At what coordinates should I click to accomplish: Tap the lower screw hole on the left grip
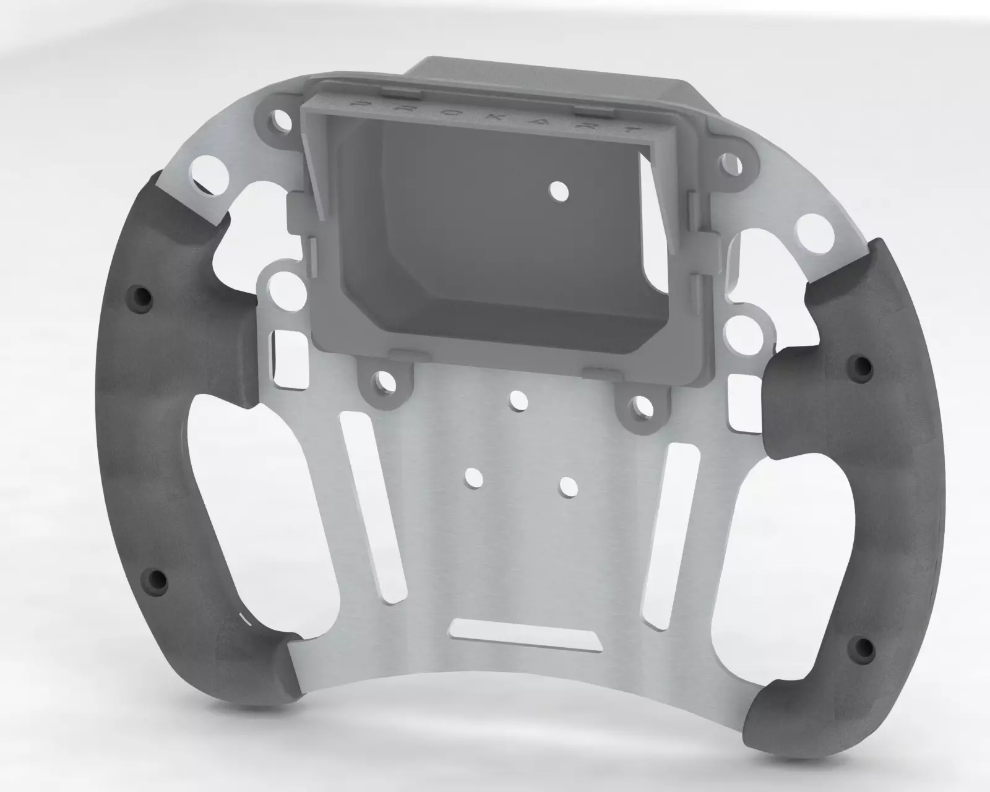(x=157, y=580)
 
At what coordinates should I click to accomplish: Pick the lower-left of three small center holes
(x=474, y=477)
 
